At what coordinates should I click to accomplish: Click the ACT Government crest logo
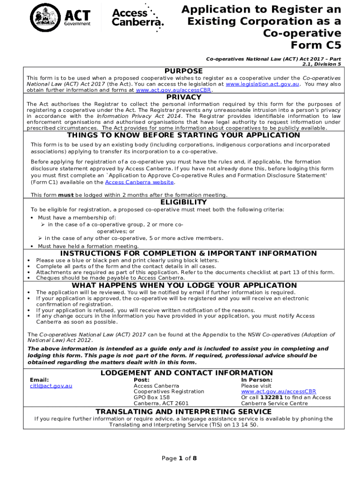(x=45, y=17)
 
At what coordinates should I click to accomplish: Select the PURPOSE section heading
(x=184, y=71)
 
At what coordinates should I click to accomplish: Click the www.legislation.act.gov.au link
(x=262, y=84)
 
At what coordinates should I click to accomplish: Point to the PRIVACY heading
(x=184, y=97)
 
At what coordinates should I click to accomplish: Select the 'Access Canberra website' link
(x=139, y=182)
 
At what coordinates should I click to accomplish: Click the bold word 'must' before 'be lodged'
(x=65, y=195)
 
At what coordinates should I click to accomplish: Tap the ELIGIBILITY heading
(x=184, y=202)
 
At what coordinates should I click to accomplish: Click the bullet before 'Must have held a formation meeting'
(x=31, y=246)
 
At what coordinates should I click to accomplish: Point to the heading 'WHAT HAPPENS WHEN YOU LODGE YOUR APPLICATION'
(x=184, y=285)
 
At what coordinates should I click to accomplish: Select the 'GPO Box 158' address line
(x=151, y=397)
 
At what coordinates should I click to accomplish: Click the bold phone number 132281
(x=271, y=397)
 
